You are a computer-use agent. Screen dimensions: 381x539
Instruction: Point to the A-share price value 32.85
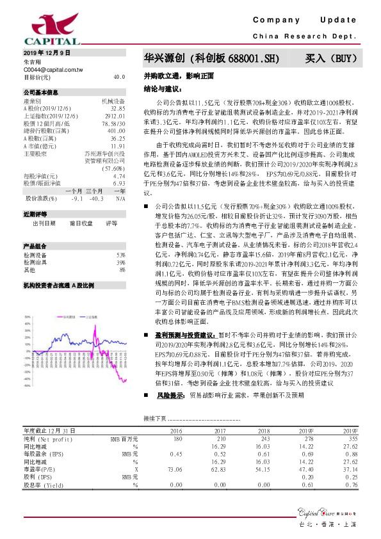pos(117,109)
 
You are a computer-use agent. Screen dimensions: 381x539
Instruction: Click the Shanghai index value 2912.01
pos(115,117)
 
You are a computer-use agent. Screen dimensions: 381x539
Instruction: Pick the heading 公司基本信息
pos(41,93)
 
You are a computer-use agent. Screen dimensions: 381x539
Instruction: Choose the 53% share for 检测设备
pos(120,237)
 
